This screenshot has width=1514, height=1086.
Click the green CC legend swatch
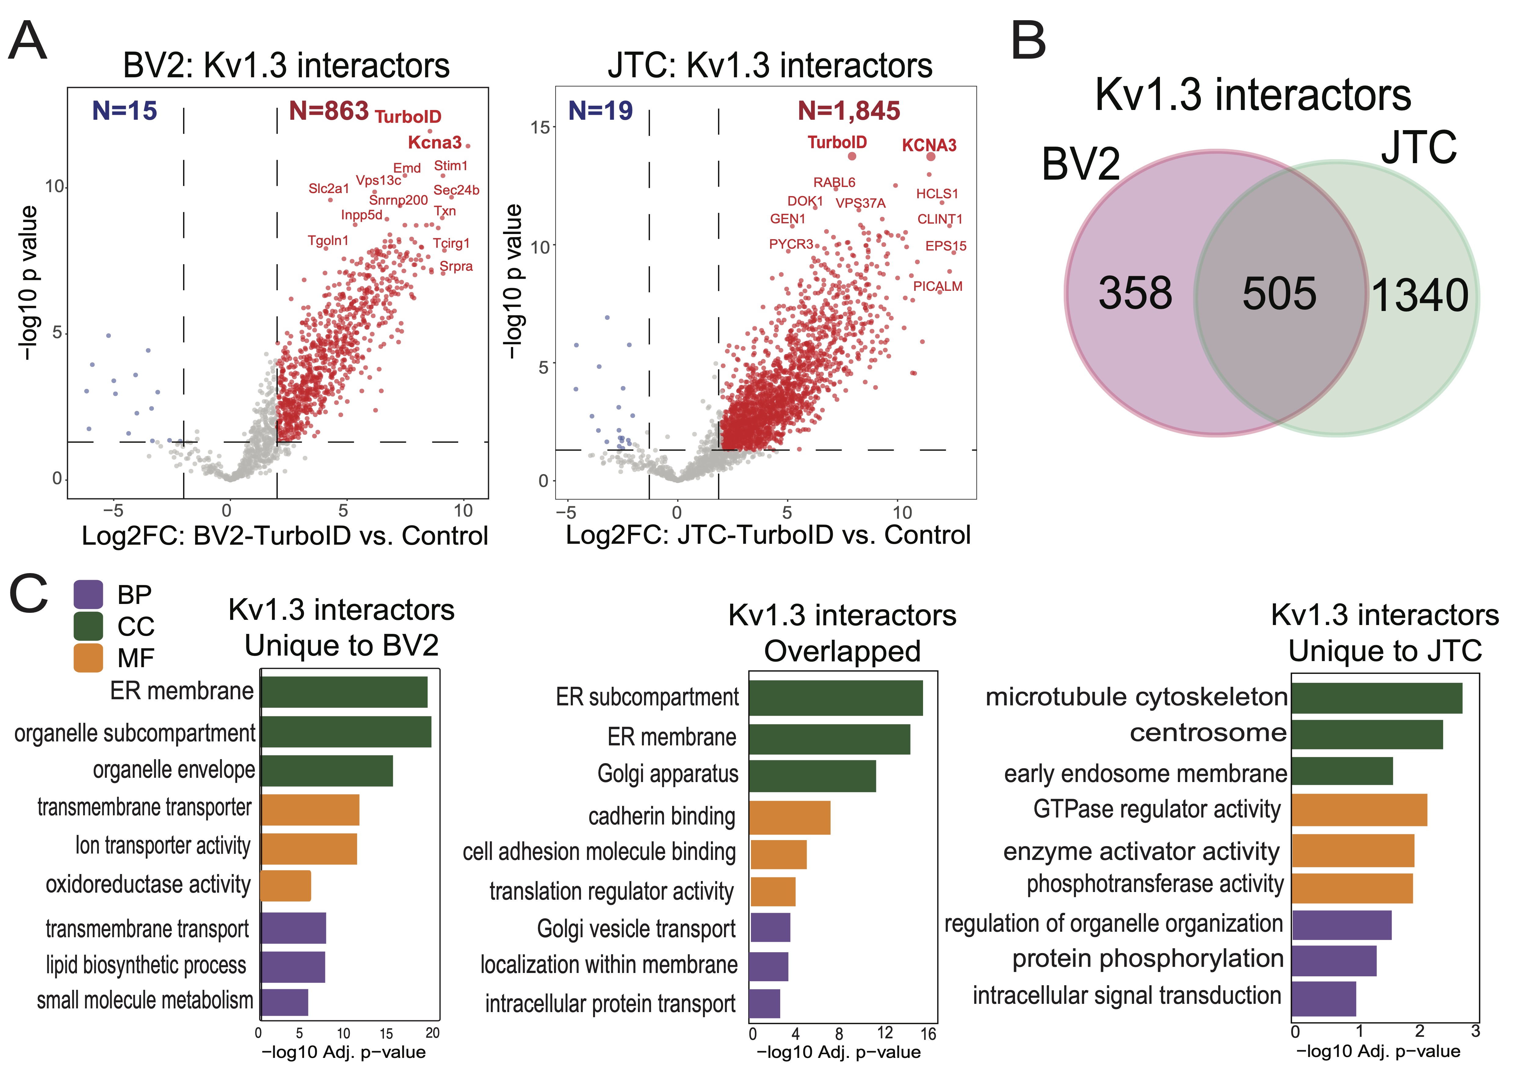pyautogui.click(x=88, y=626)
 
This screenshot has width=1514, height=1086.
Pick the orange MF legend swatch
pyautogui.click(x=88, y=658)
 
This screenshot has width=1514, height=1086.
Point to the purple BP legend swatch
pyautogui.click(x=88, y=594)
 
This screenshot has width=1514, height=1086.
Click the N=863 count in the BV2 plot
pyautogui.click(x=328, y=111)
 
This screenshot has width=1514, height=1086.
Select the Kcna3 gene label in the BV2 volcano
pyautogui.click(x=435, y=142)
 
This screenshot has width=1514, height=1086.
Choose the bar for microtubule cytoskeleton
pyautogui.click(x=1376, y=698)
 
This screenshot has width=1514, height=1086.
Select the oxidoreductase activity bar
pyautogui.click(x=286, y=886)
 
